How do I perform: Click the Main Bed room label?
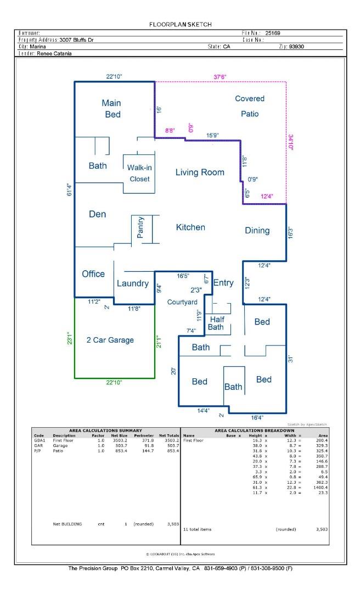(111, 108)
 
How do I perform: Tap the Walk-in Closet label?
(139, 173)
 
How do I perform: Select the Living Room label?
(200, 172)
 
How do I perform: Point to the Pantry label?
(141, 227)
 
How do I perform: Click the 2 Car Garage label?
(110, 340)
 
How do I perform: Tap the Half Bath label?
(217, 323)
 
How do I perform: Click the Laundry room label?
(133, 283)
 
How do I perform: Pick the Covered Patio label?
(249, 106)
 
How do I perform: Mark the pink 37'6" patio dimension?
(220, 77)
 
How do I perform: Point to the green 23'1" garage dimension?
(70, 338)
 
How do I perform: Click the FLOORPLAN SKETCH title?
(180, 24)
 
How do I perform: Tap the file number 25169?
(273, 33)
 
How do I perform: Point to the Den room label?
(97, 214)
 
